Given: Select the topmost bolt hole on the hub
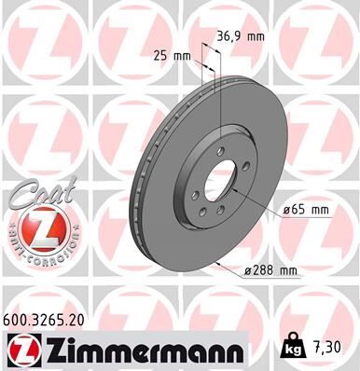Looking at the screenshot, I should coord(221,154).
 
